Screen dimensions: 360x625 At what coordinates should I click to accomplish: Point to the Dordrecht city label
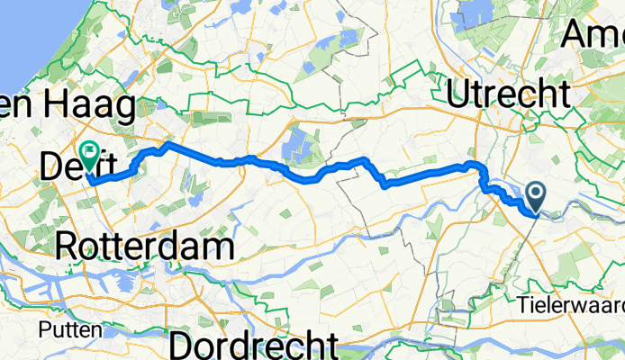tap(254, 345)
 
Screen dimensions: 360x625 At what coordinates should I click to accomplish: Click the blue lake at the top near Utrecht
tap(476, 13)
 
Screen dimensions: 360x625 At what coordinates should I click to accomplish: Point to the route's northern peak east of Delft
tap(167, 144)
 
